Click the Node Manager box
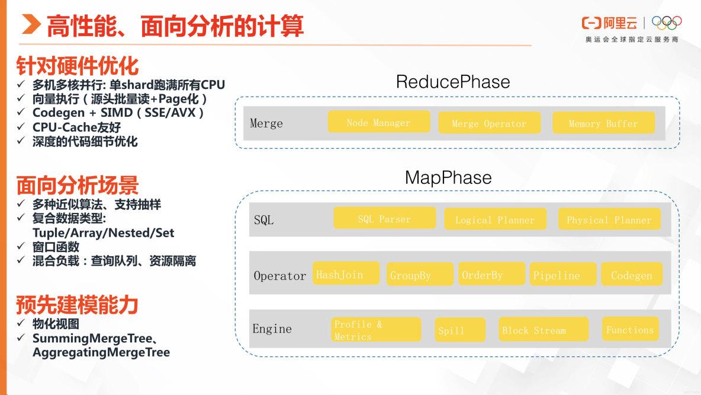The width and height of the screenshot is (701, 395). point(379,122)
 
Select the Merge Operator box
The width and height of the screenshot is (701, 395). point(489,123)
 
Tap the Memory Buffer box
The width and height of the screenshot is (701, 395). point(603,123)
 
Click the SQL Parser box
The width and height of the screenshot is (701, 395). point(384,218)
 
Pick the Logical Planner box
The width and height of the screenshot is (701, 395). point(495,219)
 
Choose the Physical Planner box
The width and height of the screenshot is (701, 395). point(609,219)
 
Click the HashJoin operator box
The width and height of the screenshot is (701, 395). point(346,273)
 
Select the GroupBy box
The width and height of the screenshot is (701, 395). point(419,275)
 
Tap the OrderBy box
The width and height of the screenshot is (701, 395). point(491,274)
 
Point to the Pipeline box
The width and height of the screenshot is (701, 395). point(562,275)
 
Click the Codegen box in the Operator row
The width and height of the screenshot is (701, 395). point(632,275)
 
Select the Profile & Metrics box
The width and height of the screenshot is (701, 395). point(376,330)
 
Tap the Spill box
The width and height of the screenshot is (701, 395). point(459,330)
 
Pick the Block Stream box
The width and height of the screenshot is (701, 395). point(542,329)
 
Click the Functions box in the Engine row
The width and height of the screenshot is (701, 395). point(630,329)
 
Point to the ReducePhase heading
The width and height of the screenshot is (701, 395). point(452,81)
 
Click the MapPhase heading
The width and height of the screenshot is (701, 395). point(448,177)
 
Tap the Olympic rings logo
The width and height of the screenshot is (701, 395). point(667,23)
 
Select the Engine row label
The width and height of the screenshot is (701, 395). point(272,329)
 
